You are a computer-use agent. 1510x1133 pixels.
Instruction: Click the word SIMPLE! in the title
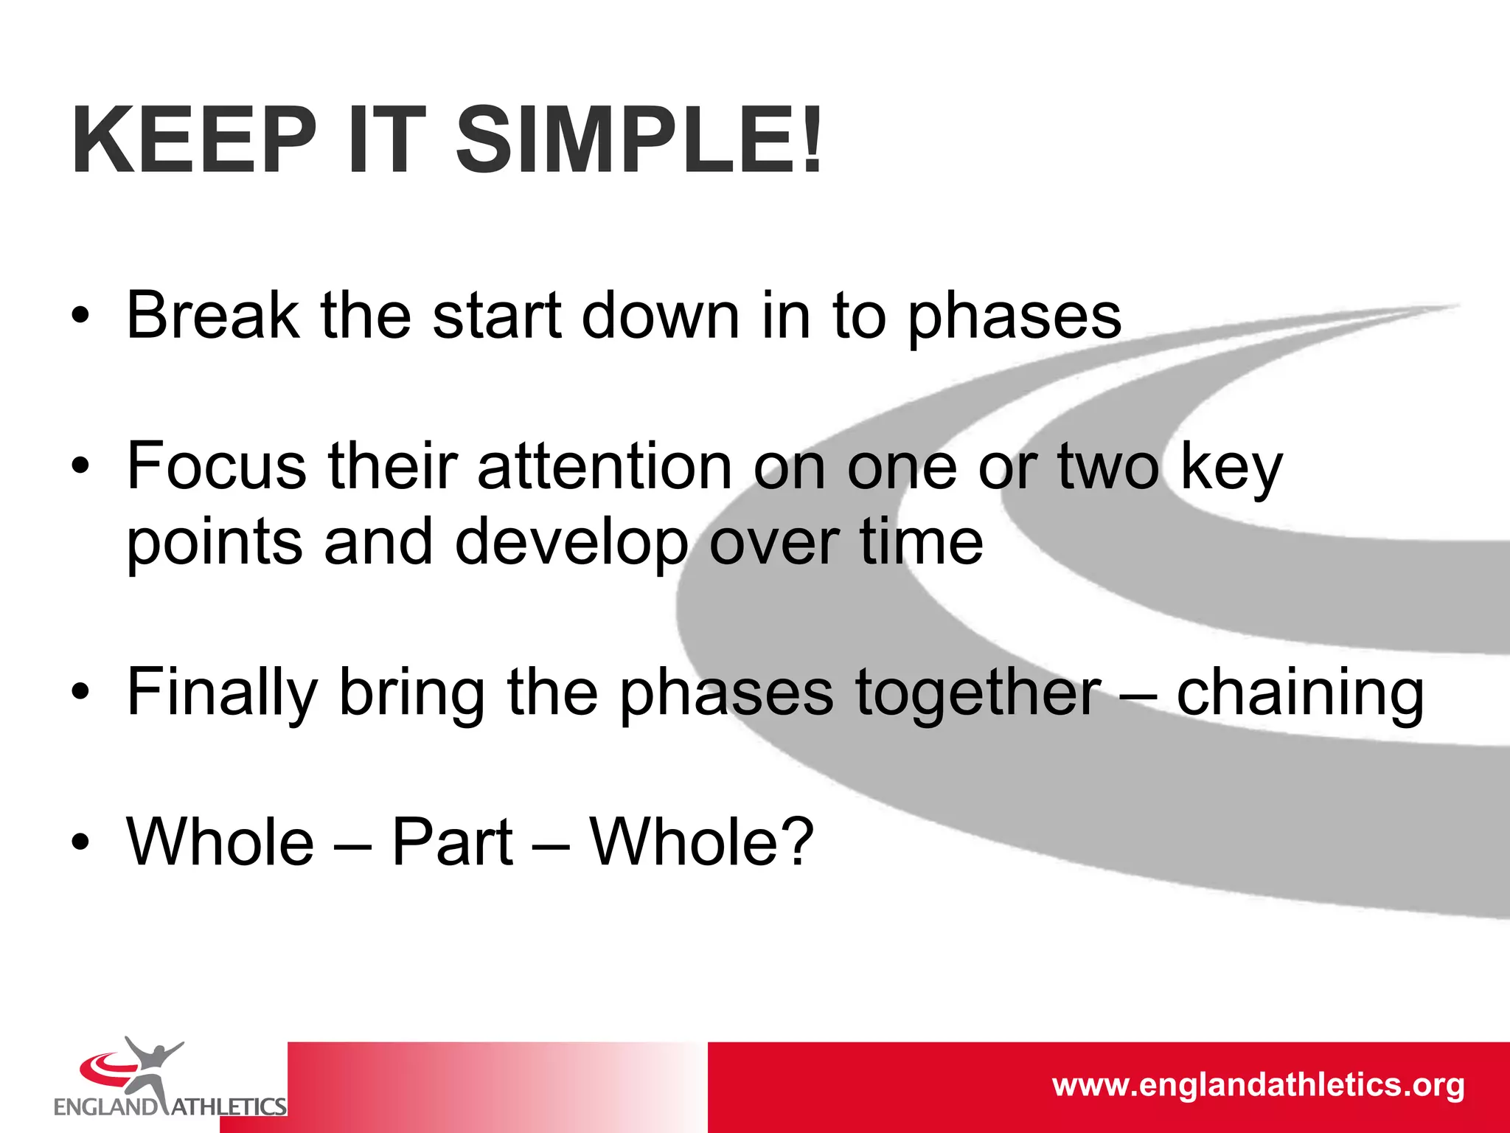[639, 140]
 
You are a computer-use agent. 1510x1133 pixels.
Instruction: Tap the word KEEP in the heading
[193, 140]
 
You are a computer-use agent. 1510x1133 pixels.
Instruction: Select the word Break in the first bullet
[212, 316]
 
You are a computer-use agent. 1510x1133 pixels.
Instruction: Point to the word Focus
[216, 466]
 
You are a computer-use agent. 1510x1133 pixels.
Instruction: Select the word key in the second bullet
[1231, 469]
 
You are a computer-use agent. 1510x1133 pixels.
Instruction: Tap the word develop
[571, 544]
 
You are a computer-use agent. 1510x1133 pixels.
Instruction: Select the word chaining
[1300, 693]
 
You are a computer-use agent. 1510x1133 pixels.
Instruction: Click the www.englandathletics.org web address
[1258, 1085]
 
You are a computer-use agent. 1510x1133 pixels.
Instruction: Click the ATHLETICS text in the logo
[229, 1106]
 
